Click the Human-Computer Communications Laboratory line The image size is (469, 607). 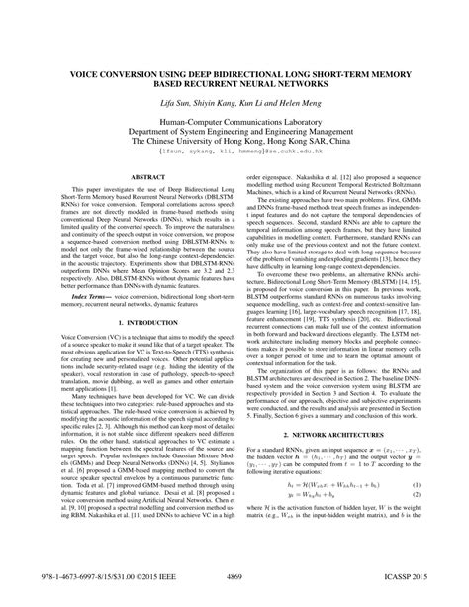point(234,123)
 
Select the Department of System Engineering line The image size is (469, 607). point(234,133)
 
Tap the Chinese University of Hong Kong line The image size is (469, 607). point(234,143)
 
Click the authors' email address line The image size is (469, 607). point(234,152)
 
